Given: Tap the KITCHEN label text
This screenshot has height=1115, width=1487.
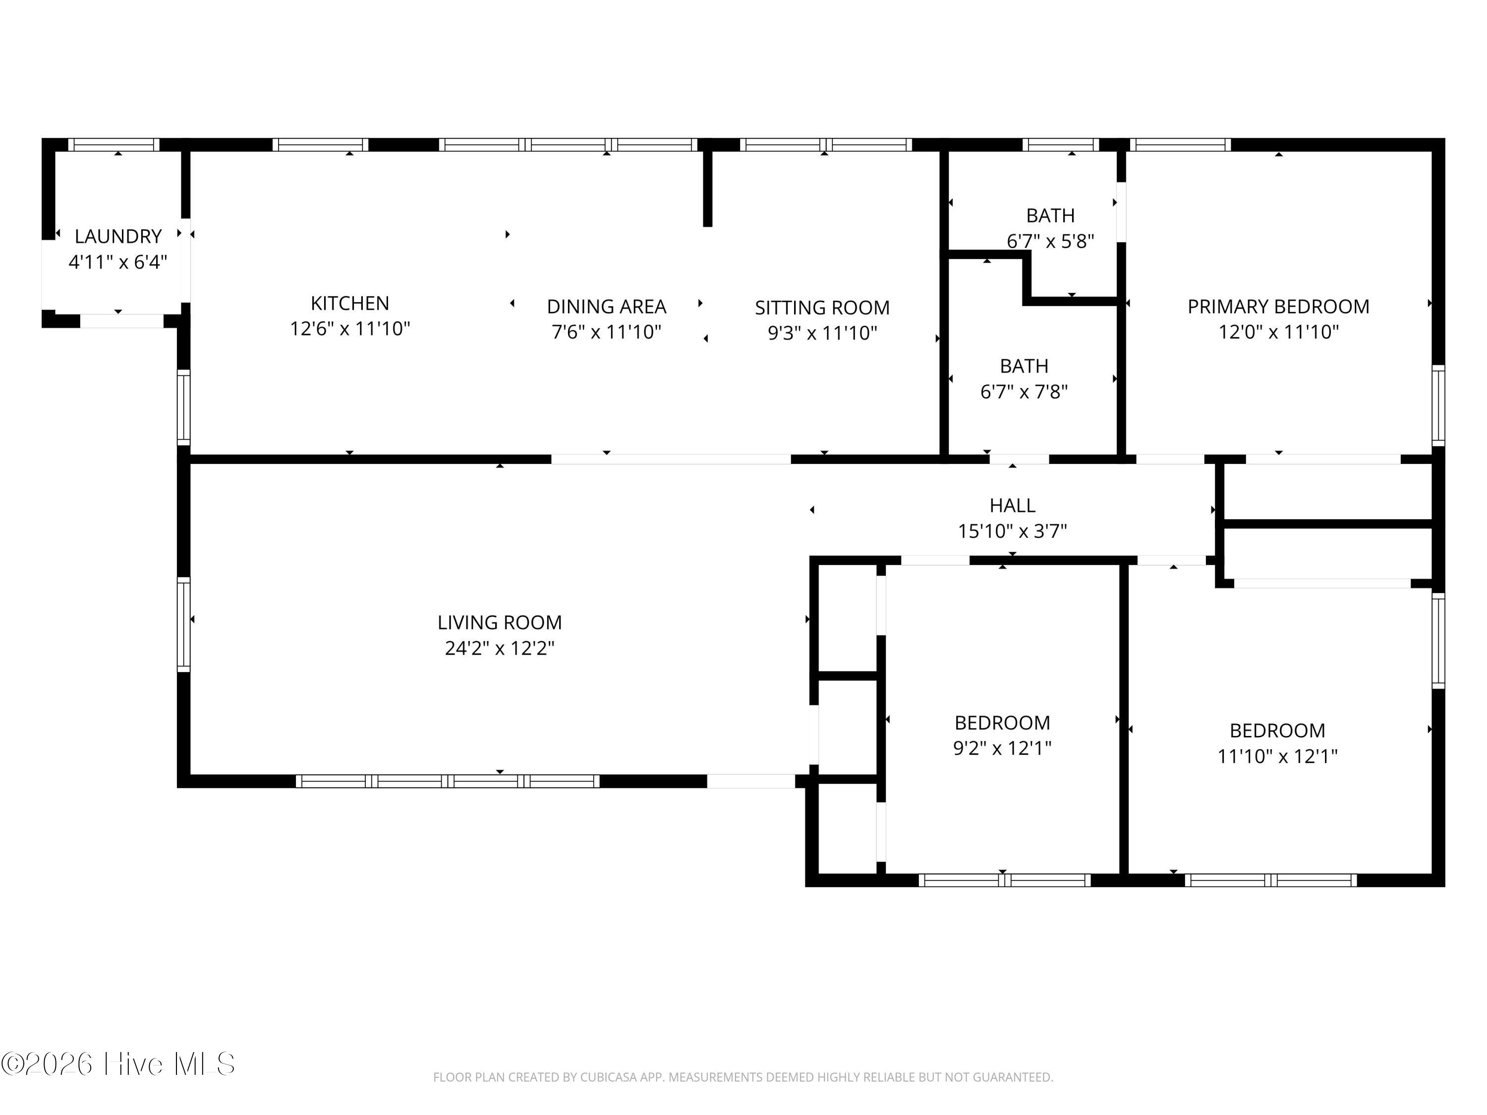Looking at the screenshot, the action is pos(349,303).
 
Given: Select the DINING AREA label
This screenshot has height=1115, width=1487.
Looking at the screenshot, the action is pos(606,306).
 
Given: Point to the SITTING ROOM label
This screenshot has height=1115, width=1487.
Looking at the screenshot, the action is pos(822,308).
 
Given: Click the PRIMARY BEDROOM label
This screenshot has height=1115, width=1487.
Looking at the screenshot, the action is pos(1279,306).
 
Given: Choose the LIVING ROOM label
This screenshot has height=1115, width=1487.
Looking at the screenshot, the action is pos(500,622).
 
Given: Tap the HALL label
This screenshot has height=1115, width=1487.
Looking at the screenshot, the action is pos(1012,505).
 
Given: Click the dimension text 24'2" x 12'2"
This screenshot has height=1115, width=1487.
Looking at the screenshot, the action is pos(500,648).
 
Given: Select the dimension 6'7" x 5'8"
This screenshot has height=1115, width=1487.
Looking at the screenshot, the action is pos(1050,241).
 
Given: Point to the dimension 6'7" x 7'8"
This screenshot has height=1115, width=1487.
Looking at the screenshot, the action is pos(1024,391).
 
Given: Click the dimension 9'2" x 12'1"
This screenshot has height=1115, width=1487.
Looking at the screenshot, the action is pos(1002,748).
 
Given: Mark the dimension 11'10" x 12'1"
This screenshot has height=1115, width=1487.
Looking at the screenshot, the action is pos(1277,756).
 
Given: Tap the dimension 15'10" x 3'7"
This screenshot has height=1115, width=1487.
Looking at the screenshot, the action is pos(1012,531).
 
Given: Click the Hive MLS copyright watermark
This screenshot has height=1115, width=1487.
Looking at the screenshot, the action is pos(118,1063).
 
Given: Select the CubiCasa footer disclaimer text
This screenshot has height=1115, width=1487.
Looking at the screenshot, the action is pos(743,1077).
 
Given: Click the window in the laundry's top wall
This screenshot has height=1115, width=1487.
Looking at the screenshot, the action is pos(114,145).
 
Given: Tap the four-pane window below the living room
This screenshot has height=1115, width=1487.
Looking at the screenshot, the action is pos(448,781).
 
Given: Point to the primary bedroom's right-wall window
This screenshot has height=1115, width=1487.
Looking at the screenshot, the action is pos(1438,405).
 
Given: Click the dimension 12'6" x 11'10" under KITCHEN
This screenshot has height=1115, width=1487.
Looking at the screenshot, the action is pos(349,329).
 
